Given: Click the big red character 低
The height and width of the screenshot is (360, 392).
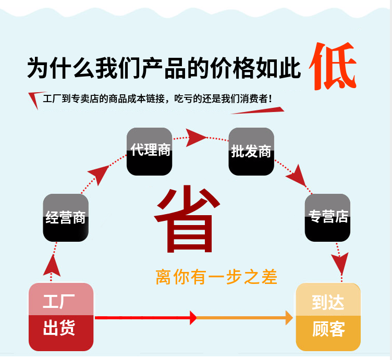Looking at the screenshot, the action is click(333, 66).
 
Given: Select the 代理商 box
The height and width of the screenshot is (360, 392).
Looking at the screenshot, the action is click(149, 152).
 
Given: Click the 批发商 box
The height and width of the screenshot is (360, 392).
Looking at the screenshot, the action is click(251, 152).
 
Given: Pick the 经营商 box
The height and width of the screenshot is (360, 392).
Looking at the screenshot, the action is click(66, 218).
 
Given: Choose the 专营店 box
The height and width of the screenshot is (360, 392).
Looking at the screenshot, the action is click(327, 218).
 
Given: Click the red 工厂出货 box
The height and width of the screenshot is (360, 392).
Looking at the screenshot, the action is click(61, 317).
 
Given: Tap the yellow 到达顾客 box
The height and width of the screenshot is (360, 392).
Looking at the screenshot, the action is click(328, 317).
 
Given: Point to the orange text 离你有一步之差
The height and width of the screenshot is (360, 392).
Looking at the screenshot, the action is click(216, 277).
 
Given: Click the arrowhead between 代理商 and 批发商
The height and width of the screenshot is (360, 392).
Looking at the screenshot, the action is click(195, 138).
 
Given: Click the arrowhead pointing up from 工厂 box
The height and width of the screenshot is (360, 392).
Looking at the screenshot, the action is click(52, 266).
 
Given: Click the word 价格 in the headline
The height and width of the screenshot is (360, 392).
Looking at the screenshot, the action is click(232, 68).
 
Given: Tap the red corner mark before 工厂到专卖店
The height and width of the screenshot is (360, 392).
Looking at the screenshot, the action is click(36, 100).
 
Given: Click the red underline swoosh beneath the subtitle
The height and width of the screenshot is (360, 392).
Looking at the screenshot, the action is click(258, 110).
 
